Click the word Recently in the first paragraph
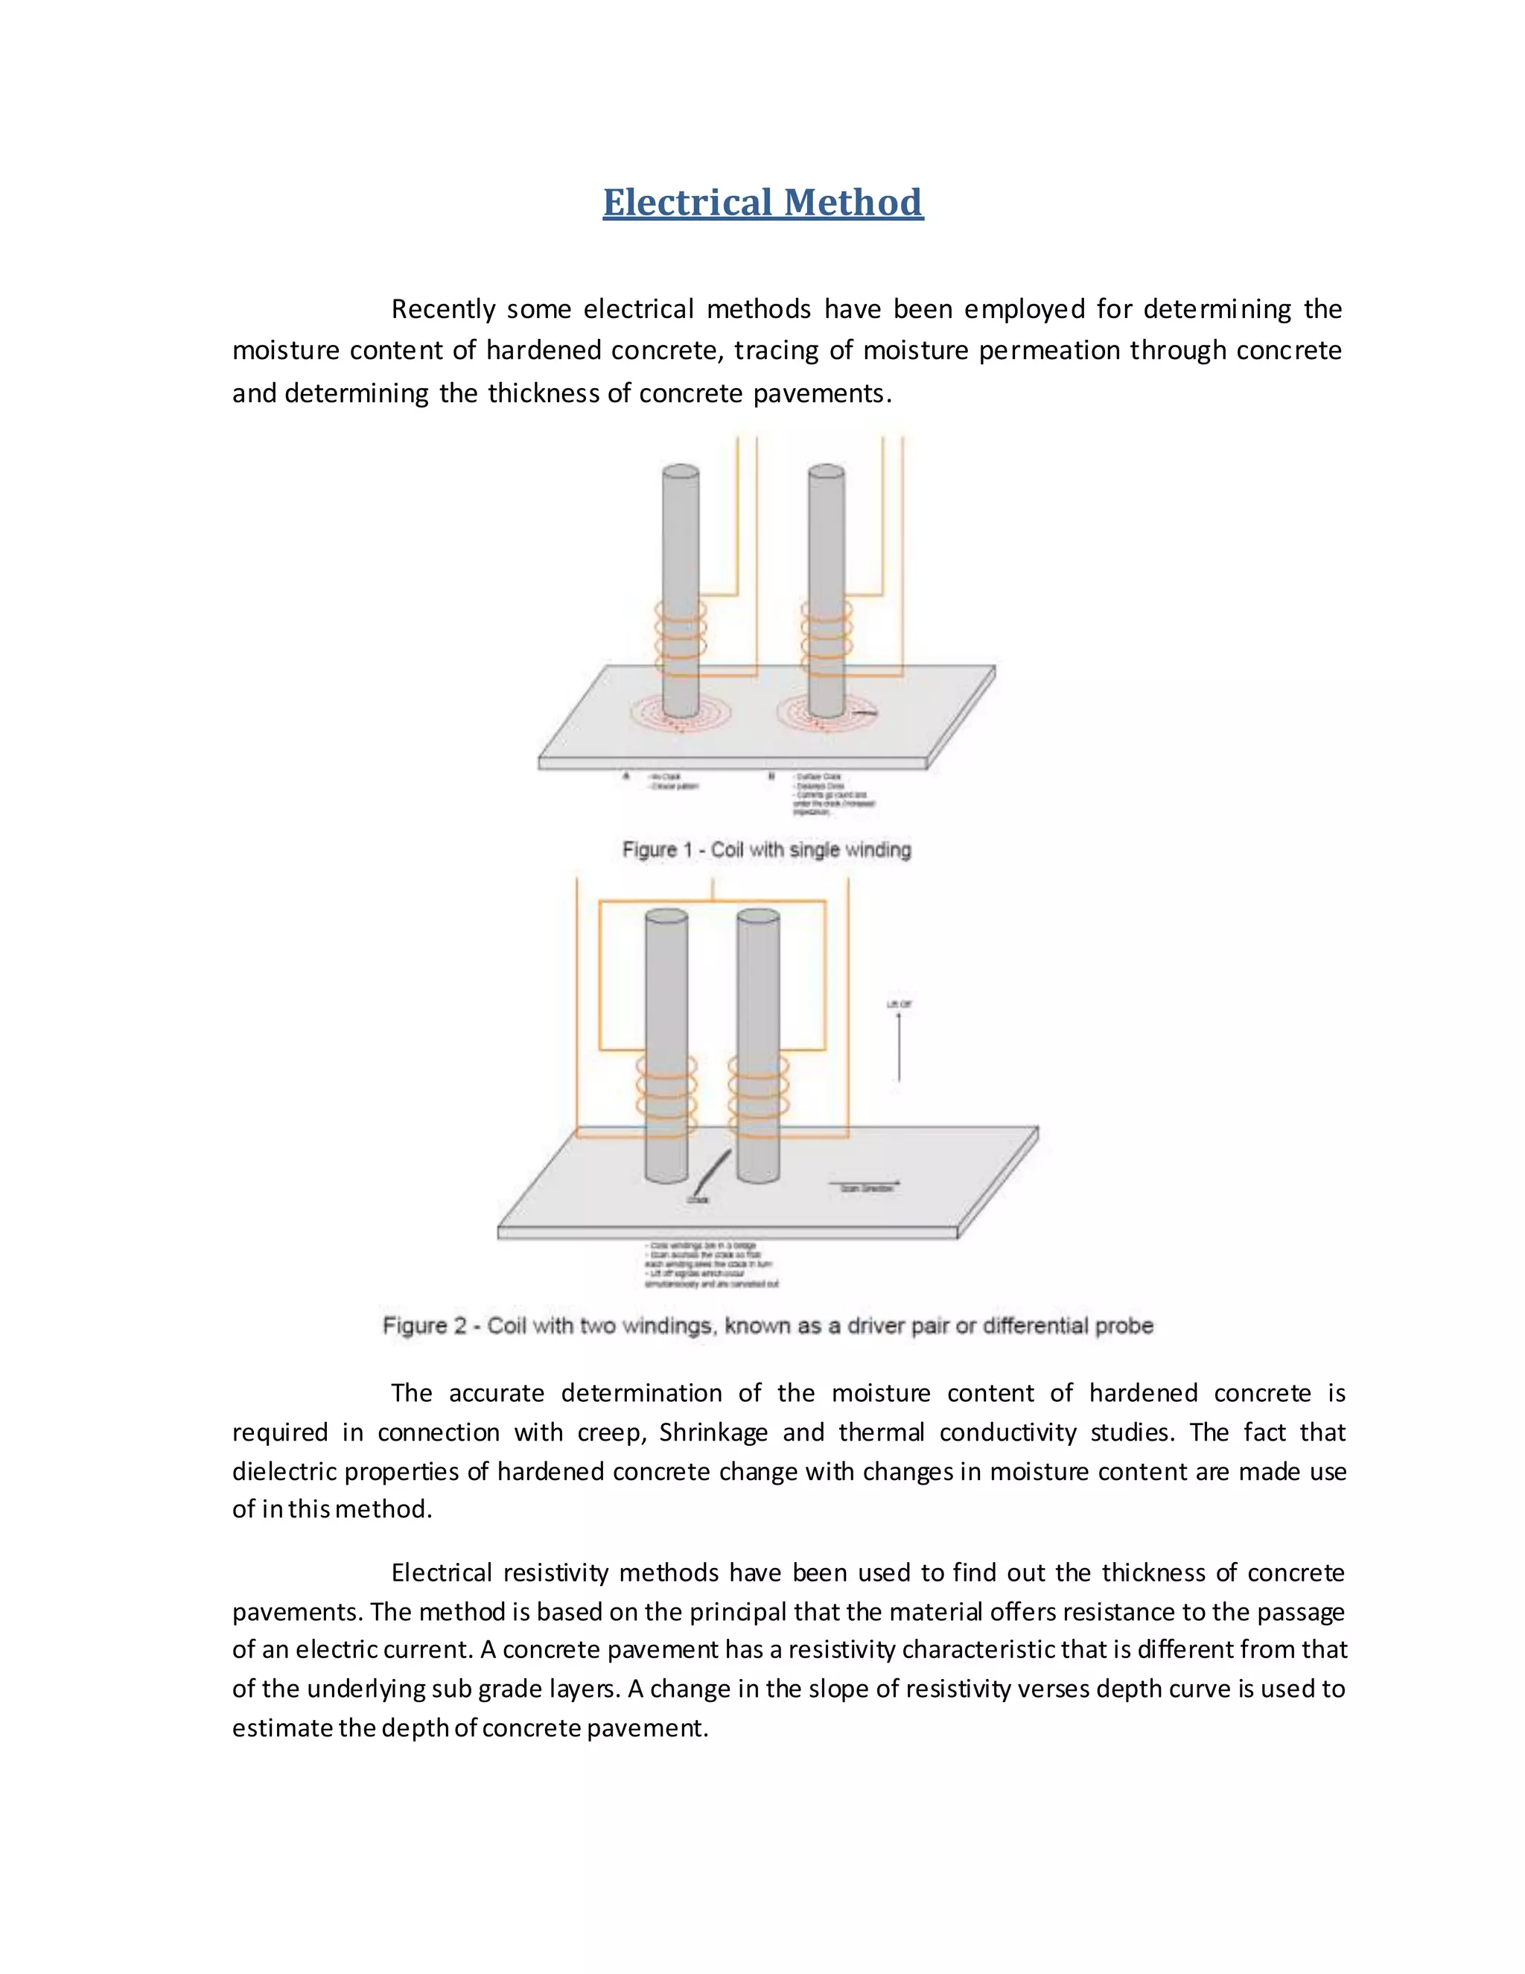(443, 309)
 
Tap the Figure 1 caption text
(766, 850)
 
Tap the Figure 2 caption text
(768, 1326)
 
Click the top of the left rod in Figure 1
(681, 471)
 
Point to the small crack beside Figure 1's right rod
(865, 714)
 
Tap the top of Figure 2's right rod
(758, 916)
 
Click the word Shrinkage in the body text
(713, 1432)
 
